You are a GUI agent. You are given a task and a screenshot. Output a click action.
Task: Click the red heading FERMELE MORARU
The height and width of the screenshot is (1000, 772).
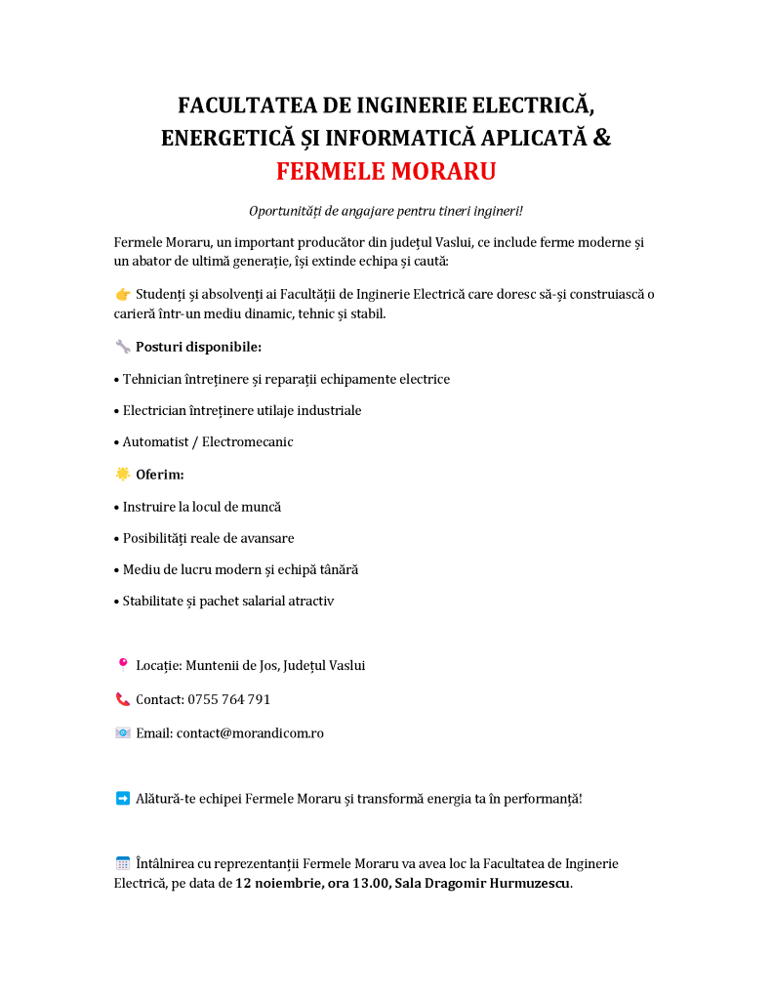coord(386,172)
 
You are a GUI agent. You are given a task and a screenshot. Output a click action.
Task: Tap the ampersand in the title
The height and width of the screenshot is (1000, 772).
coord(602,138)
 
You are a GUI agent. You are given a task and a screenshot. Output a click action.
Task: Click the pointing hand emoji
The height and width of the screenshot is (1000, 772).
coord(123,294)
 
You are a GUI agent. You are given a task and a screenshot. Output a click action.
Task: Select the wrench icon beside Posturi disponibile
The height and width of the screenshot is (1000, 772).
coord(123,347)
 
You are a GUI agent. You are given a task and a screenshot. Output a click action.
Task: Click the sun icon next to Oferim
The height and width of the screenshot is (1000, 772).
coord(123,475)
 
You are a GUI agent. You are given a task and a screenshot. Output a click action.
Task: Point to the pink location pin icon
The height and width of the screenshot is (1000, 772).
coord(123,665)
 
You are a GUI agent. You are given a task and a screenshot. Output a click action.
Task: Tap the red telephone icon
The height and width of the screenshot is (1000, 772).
coord(123,699)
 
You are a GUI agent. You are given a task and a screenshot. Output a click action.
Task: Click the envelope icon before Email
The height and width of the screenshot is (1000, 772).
coord(123,733)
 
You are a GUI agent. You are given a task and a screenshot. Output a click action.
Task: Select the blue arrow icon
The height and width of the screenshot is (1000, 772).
coord(123,798)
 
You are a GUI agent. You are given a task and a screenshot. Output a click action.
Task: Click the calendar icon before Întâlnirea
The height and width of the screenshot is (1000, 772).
coord(123,863)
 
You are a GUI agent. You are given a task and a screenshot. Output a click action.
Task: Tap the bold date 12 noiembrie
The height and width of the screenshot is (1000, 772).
coord(278,884)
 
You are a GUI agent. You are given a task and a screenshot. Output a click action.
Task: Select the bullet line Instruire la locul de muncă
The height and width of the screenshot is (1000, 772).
coord(201,507)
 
